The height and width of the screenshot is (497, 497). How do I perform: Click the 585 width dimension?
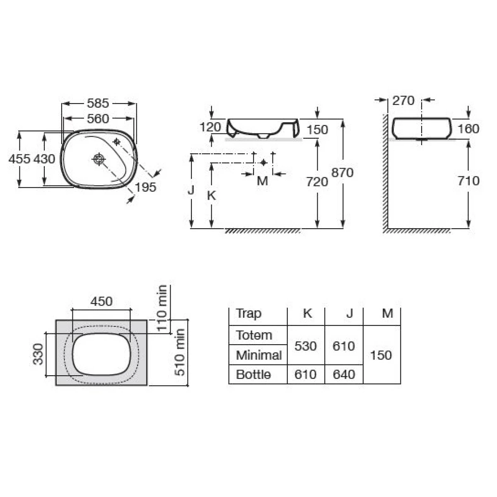[98, 104]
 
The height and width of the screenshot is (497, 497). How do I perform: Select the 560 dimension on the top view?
[98, 118]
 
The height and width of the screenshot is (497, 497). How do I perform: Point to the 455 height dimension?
[19, 159]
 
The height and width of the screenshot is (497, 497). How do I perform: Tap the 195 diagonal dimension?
[145, 187]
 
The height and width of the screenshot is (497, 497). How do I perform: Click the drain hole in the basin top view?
[99, 159]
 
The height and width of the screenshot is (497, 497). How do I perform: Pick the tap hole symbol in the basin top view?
[116, 141]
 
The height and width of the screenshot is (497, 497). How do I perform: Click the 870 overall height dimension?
[342, 173]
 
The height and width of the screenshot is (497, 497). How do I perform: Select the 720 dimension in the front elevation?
[317, 182]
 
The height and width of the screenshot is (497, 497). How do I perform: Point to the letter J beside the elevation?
[191, 190]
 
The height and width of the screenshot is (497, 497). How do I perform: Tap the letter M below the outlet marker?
[263, 181]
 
